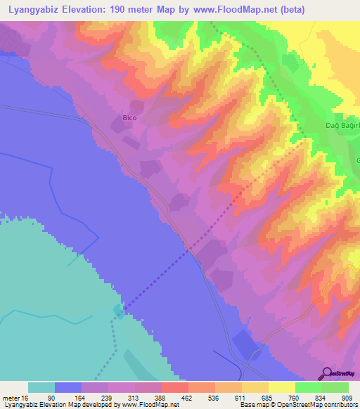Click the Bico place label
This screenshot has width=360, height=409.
click(x=129, y=118)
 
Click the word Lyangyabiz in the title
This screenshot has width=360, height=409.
click(x=36, y=8)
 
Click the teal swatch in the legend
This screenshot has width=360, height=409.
click(x=41, y=387)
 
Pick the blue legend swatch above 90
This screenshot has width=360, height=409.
click(x=68, y=387)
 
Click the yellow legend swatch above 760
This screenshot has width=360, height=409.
click(x=281, y=387)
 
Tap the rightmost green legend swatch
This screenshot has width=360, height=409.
click(x=335, y=387)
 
